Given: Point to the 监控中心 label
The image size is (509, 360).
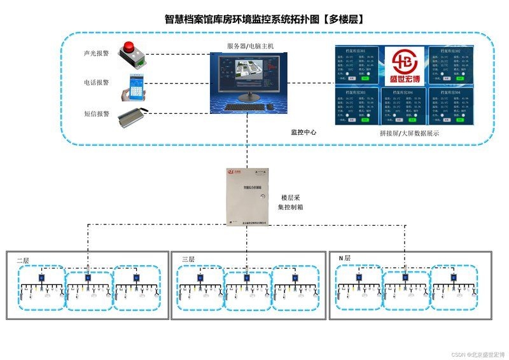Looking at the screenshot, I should tap(303, 132).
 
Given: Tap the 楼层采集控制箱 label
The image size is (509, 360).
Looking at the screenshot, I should tap(293, 202).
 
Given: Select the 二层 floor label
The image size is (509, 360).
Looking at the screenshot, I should tap(23, 260).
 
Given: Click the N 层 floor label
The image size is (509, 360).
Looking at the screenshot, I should tap(344, 258).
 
